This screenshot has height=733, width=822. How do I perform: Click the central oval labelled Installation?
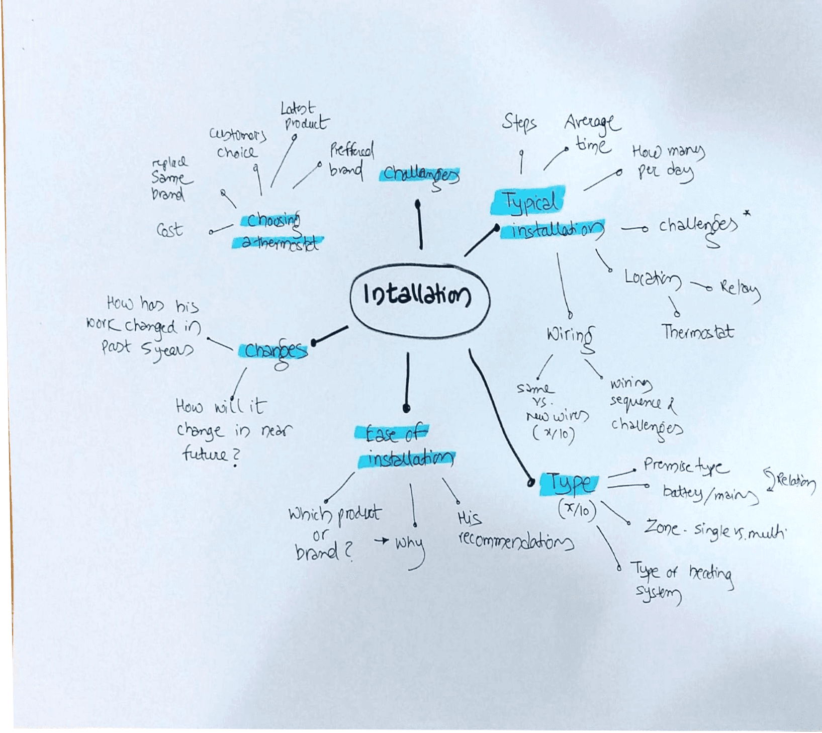(x=419, y=296)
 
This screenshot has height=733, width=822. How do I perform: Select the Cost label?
(x=169, y=230)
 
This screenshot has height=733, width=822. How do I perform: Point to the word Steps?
(x=519, y=122)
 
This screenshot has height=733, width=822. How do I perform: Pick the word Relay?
(x=740, y=289)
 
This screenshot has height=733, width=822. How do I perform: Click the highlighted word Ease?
(x=380, y=433)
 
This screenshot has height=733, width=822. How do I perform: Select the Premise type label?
(x=685, y=467)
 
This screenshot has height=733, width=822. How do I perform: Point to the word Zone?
(x=662, y=527)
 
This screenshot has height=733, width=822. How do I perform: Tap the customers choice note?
(x=237, y=143)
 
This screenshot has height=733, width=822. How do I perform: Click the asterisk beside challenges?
(x=747, y=213)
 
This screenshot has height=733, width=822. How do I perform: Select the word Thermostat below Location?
(x=697, y=332)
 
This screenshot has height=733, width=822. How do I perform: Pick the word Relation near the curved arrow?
(x=796, y=481)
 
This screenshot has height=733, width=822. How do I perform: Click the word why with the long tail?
(x=410, y=544)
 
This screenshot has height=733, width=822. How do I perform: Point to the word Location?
(x=652, y=279)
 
